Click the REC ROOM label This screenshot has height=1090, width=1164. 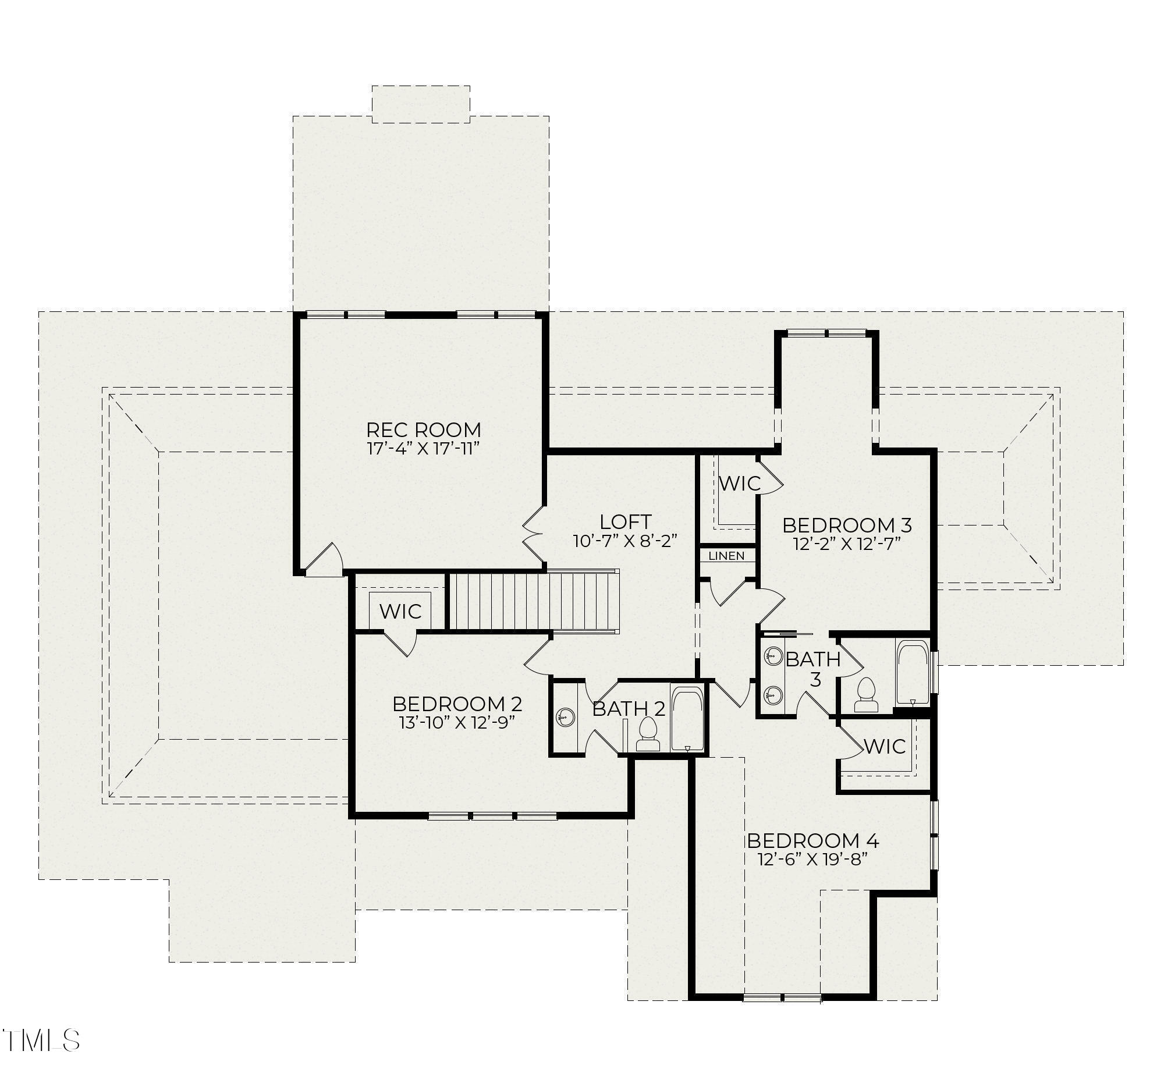coord(423,429)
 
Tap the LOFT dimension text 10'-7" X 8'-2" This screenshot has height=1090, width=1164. coord(624,541)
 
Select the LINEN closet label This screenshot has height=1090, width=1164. coord(726,556)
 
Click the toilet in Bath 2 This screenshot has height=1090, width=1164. coord(648,735)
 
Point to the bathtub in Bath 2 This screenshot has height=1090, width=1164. coord(687,719)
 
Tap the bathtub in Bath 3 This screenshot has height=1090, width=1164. coord(913,673)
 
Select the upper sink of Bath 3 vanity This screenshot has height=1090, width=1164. coord(773,656)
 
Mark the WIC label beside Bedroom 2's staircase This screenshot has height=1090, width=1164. coord(400,612)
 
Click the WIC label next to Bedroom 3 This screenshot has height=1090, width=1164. coord(739,484)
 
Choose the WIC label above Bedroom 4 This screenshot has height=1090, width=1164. coord(884,747)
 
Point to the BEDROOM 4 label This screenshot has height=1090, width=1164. coord(812,841)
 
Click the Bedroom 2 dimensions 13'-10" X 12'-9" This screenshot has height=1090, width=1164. coord(457,722)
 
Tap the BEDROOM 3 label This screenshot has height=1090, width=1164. coord(847,525)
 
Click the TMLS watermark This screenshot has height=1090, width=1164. coord(41,1040)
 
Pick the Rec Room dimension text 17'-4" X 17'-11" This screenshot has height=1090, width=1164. coord(423,449)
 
